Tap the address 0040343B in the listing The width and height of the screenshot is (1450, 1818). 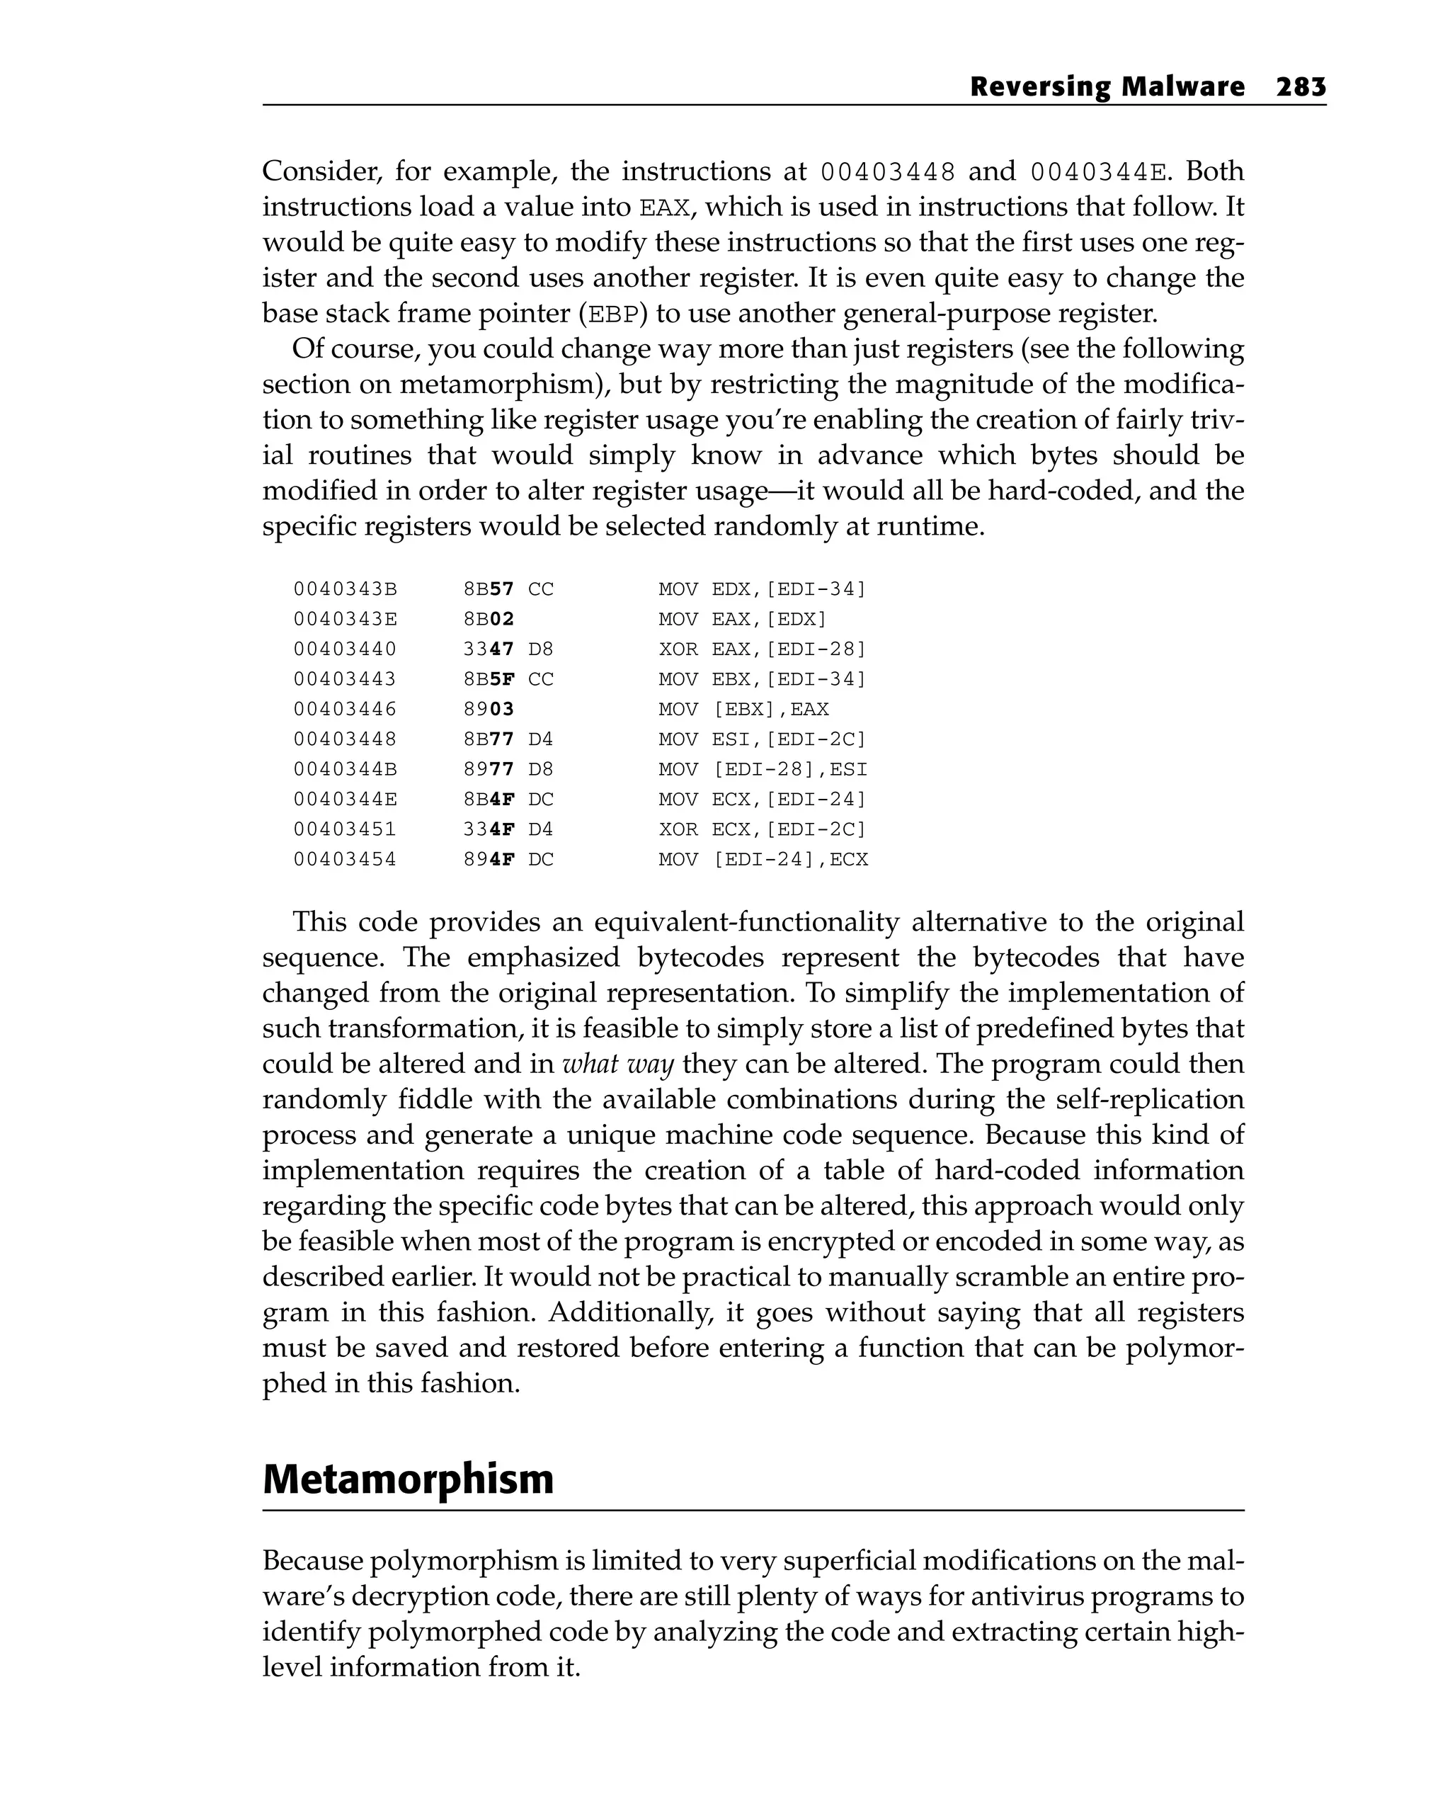coord(345,589)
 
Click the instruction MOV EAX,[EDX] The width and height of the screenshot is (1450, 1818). coord(742,619)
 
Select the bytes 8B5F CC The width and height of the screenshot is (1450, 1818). coord(508,678)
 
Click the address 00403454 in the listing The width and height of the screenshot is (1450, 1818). coord(345,859)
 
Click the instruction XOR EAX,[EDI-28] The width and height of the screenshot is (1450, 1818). coord(762,649)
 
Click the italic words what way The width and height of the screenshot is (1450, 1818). coord(617,1064)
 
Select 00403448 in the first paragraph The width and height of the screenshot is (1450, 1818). coord(888,172)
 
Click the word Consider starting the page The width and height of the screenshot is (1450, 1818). coord(317,171)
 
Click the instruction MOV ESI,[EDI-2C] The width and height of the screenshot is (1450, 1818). coord(762,739)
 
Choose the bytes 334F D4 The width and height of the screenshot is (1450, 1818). coord(508,829)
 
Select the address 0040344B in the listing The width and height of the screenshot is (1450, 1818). coord(345,769)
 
